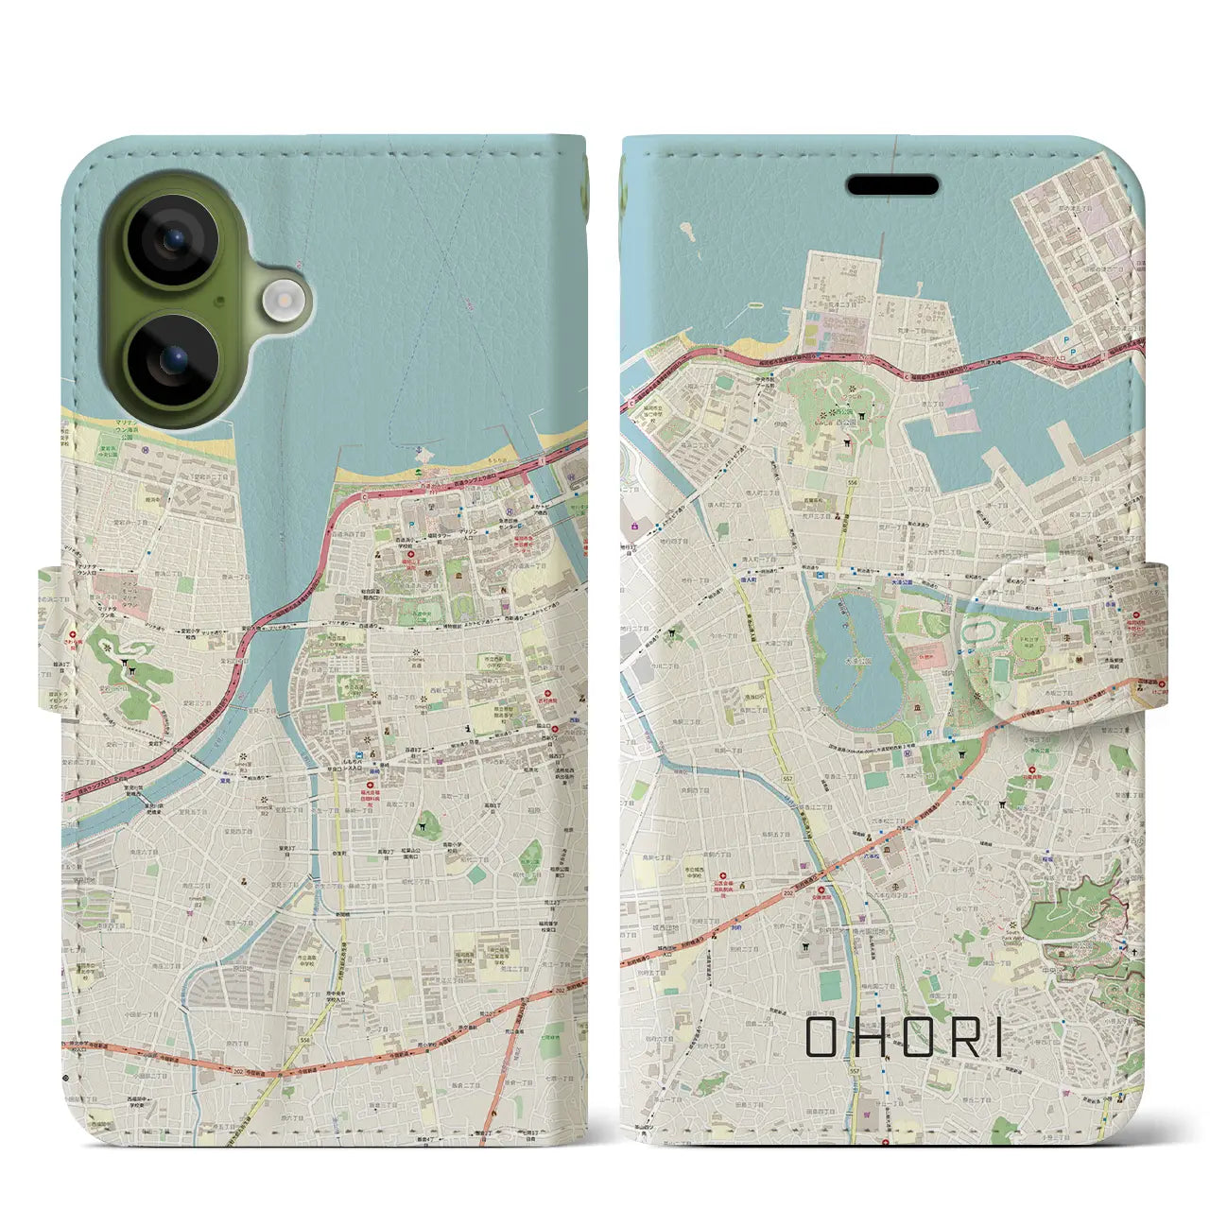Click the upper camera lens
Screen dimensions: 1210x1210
click(172, 240)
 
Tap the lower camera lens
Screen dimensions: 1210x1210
click(172, 359)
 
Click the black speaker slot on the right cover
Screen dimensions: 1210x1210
click(892, 185)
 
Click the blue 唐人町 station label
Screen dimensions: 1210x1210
click(749, 579)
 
